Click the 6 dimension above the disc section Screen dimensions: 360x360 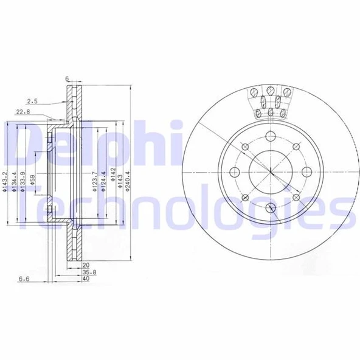pyautogui.click(x=69, y=78)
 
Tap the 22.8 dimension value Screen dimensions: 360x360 pyautogui.click(x=22, y=112)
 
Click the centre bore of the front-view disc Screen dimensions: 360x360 pyautogui.click(x=269, y=172)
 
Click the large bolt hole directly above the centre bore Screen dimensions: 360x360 pyautogui.click(x=269, y=136)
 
